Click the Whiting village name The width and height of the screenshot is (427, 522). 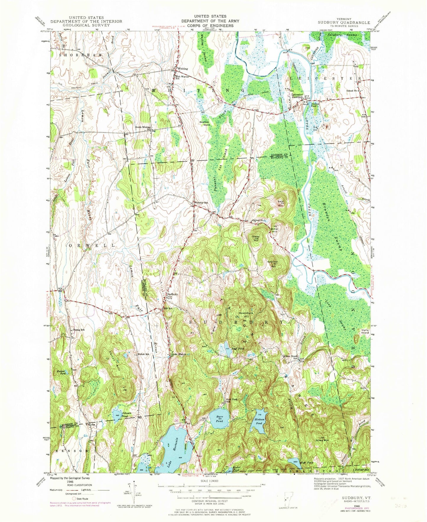point(182,69)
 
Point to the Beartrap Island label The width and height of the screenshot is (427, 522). point(204,123)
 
